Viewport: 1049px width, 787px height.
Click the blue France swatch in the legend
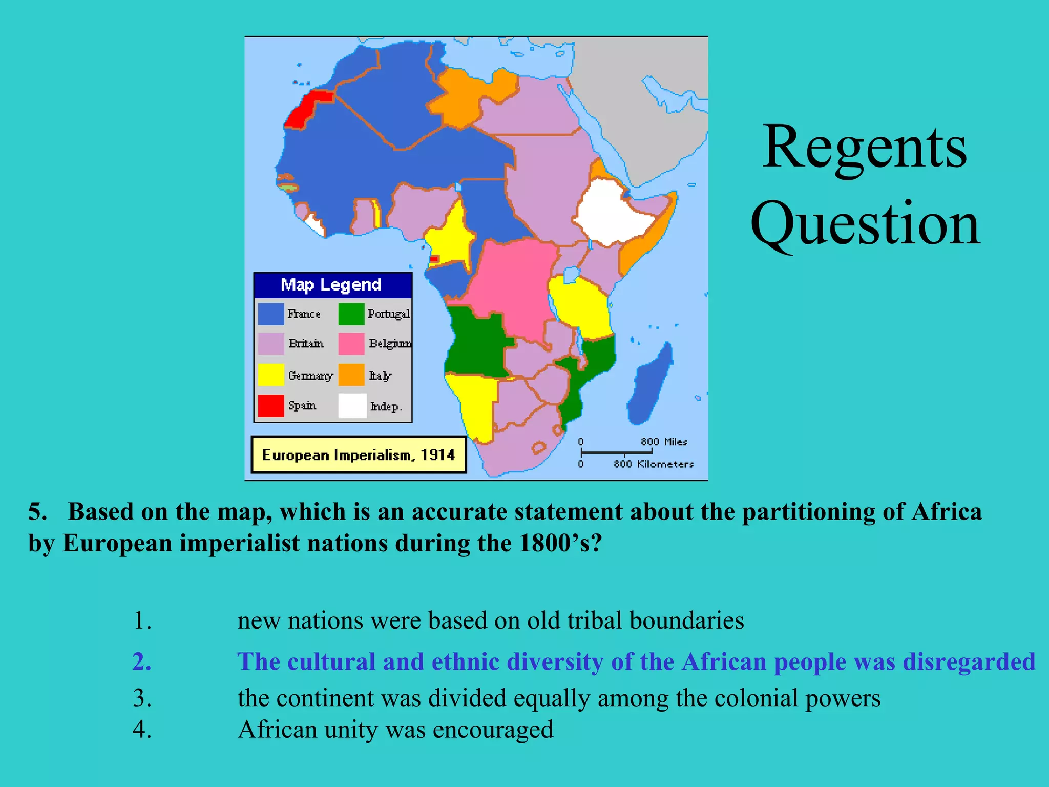click(x=270, y=314)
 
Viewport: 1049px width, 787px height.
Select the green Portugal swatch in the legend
click(x=351, y=314)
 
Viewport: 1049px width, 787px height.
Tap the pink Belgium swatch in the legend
click(x=351, y=343)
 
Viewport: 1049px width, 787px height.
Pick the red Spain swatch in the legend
click(x=270, y=405)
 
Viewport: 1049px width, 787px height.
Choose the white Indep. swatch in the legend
click(x=352, y=405)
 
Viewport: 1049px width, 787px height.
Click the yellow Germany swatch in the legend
click(x=270, y=375)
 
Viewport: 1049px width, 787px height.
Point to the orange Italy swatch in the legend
click(x=351, y=375)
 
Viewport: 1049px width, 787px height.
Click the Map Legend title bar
click(x=332, y=285)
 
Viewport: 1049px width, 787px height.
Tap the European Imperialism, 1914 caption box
click(x=358, y=454)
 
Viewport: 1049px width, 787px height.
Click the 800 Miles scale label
click(x=664, y=442)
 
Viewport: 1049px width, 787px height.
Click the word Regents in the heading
click(x=865, y=148)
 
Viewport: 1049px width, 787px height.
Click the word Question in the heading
click(x=865, y=224)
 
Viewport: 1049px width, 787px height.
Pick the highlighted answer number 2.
click(x=142, y=661)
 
